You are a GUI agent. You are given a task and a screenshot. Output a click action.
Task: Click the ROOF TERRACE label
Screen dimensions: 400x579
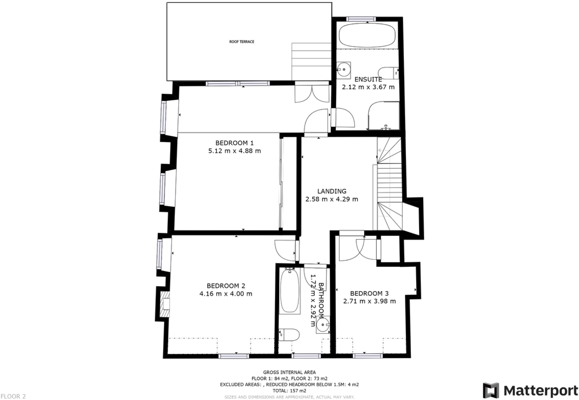coord(242,42)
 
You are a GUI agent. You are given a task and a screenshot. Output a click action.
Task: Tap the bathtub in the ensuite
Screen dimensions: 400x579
coord(367,35)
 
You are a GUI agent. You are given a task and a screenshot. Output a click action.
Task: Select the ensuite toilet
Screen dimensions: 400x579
coord(388,73)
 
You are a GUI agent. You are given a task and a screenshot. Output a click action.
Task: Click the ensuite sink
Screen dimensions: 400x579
coord(344,69)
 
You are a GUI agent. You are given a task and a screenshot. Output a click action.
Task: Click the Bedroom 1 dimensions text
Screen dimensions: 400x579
coord(234,151)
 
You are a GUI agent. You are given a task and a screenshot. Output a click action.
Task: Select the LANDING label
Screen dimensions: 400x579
coord(332,191)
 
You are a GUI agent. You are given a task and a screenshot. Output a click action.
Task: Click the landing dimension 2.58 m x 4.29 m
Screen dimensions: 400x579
coord(332,199)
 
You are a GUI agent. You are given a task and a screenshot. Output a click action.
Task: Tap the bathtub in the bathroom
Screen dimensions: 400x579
coord(289,291)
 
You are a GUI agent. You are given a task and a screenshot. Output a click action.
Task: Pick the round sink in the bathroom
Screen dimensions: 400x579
coord(322,324)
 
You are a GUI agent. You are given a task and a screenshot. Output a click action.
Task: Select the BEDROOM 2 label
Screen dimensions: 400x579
coord(226,286)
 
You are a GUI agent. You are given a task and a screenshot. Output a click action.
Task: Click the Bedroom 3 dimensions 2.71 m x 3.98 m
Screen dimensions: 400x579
coord(369,301)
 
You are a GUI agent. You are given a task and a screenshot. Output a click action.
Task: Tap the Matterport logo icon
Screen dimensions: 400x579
coord(491,390)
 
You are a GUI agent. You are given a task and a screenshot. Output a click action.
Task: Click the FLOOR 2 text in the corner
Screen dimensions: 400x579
coord(13,396)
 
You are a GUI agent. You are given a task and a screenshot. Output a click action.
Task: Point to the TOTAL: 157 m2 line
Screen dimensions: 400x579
coord(289,391)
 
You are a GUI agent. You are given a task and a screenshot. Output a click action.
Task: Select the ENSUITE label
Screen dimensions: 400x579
coord(368,79)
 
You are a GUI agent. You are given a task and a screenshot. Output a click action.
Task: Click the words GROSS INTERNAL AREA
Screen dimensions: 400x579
coord(289,372)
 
